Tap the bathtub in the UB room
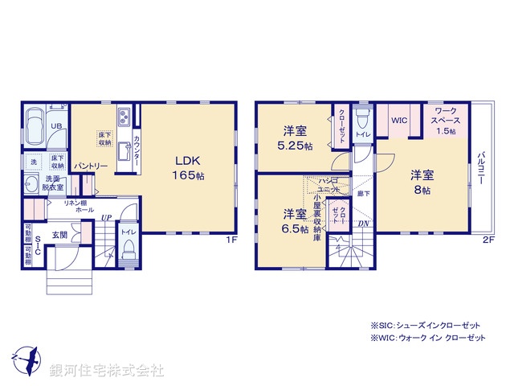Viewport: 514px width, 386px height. coord(37,127)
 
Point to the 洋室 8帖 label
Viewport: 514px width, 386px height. coord(422,182)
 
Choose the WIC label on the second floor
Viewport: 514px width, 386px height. coord(400,121)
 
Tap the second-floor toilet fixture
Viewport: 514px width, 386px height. coord(361,121)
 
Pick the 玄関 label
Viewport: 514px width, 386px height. coord(60,234)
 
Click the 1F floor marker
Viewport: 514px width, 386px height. coord(230,239)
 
